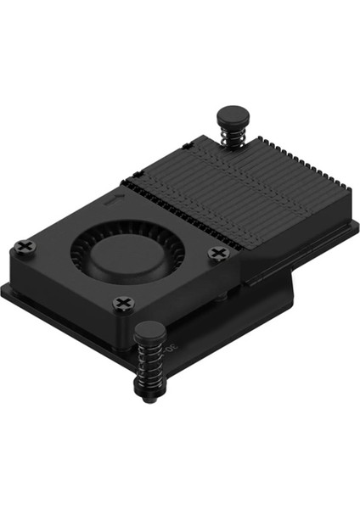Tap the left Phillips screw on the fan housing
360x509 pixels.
click(x=25, y=247)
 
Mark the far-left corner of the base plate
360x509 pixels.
click(x=4, y=288)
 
